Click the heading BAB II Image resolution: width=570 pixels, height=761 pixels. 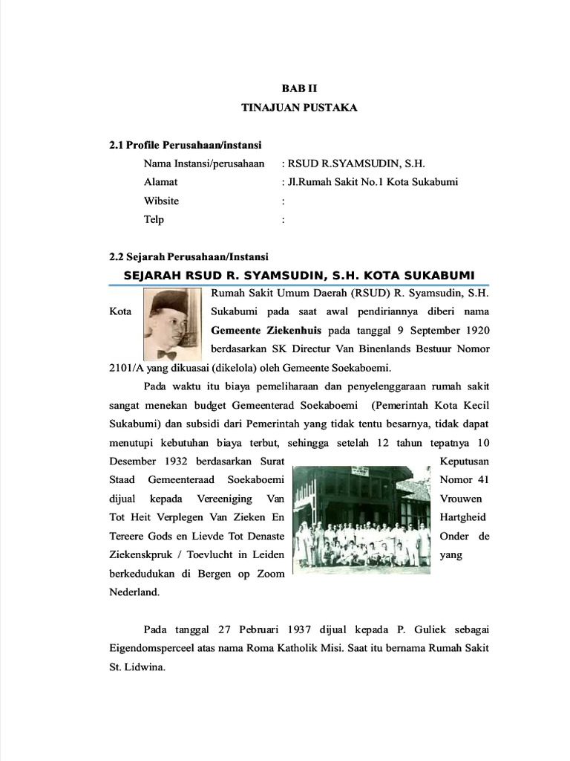click(x=299, y=88)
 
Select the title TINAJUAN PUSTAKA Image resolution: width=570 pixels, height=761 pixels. click(x=299, y=108)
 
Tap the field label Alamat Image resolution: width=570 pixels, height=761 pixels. click(x=160, y=182)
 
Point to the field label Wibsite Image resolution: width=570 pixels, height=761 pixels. click(x=161, y=201)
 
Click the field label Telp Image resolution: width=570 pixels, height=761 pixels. click(x=154, y=219)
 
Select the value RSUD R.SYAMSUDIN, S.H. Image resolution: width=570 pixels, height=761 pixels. click(x=356, y=163)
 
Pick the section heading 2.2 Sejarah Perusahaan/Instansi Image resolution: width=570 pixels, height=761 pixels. click(x=188, y=257)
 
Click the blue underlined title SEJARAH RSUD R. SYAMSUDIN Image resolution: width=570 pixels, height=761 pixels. click(x=298, y=275)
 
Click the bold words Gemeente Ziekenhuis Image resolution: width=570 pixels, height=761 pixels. click(x=263, y=330)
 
